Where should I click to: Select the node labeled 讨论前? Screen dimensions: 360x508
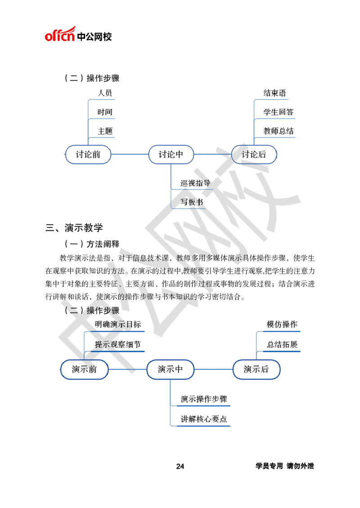[x=88, y=155]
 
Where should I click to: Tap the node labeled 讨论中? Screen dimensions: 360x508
[x=171, y=155]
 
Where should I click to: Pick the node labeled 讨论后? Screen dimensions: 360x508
[x=254, y=155]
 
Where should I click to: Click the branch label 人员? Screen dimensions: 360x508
[x=105, y=93]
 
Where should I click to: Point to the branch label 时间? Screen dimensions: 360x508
[x=105, y=112]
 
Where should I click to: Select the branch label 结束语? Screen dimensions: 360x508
[x=274, y=93]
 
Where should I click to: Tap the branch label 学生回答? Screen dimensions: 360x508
[x=278, y=112]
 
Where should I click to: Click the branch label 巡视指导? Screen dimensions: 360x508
[x=195, y=183]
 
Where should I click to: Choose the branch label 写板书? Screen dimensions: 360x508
[x=192, y=202]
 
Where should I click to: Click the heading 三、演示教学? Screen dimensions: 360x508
[x=74, y=228]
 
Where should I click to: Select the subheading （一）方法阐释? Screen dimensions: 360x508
[x=92, y=244]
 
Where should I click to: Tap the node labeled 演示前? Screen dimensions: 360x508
[x=84, y=370]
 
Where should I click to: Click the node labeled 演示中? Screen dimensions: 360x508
[x=170, y=370]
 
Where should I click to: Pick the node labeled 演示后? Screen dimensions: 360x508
[x=256, y=370]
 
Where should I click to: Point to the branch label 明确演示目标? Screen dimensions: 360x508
[x=118, y=324]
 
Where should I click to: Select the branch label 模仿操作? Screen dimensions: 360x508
[x=282, y=324]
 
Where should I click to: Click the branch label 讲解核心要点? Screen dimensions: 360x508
[x=204, y=419]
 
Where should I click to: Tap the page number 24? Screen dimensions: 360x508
[x=180, y=466]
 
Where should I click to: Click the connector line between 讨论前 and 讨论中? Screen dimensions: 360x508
[x=130, y=154]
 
